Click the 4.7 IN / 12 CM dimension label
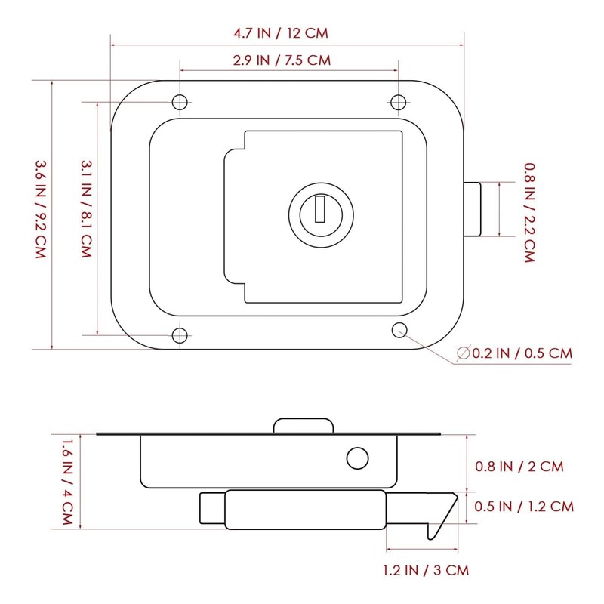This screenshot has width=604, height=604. coord(281,33)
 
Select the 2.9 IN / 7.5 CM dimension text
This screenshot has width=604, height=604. coord(282,60)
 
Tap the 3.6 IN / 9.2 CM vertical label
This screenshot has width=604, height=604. coord(41,209)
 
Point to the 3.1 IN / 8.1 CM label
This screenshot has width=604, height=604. coord(86,209)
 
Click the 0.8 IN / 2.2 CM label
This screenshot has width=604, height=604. coord(530,213)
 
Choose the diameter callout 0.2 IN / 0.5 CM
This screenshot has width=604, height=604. coord(515,353)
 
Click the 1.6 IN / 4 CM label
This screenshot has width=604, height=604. coord(67,482)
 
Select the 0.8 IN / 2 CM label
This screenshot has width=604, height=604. coord(519,467)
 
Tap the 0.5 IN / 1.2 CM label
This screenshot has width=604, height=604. coord(524,506)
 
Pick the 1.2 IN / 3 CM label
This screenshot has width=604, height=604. coord(426,570)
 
